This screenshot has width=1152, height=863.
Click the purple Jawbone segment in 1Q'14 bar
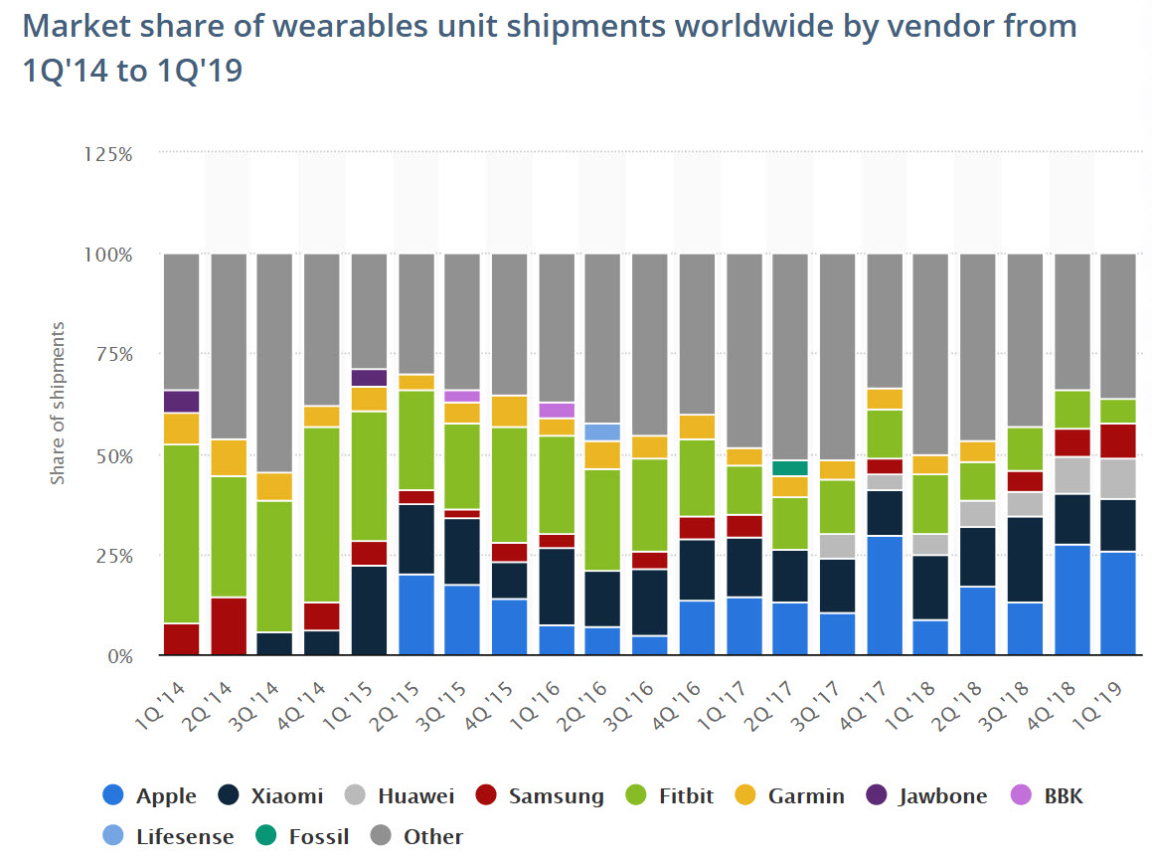181,402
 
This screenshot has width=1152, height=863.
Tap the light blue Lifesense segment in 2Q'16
601,432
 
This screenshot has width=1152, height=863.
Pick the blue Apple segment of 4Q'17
885,595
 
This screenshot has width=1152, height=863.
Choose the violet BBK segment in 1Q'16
557,410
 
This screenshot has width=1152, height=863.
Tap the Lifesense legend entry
170,836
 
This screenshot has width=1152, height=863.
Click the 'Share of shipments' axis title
58,403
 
